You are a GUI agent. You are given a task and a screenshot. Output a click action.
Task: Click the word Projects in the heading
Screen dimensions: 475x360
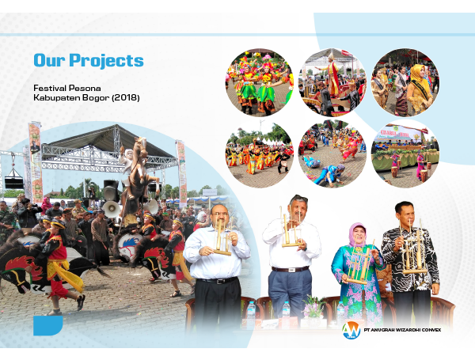click(106, 61)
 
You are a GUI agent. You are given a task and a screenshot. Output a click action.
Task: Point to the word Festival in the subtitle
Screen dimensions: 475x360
click(49, 88)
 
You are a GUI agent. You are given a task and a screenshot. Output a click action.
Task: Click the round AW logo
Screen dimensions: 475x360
click(351, 330)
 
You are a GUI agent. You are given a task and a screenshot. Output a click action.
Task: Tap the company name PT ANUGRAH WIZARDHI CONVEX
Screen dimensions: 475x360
click(402, 330)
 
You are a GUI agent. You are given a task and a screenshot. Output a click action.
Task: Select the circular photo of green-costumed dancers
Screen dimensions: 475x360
click(260, 82)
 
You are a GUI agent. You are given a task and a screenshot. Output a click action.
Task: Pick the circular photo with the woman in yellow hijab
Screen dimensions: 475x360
click(405, 82)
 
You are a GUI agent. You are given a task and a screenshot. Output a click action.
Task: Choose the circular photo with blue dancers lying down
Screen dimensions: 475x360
click(332, 153)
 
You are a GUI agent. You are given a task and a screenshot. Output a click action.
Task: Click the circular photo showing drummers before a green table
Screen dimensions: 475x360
click(405, 153)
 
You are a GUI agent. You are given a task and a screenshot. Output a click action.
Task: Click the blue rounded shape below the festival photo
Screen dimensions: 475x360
click(47, 325)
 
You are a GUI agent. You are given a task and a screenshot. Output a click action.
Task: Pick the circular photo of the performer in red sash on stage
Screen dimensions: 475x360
click(332, 82)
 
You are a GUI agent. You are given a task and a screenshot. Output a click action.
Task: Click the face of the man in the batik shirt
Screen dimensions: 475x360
click(405, 213)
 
